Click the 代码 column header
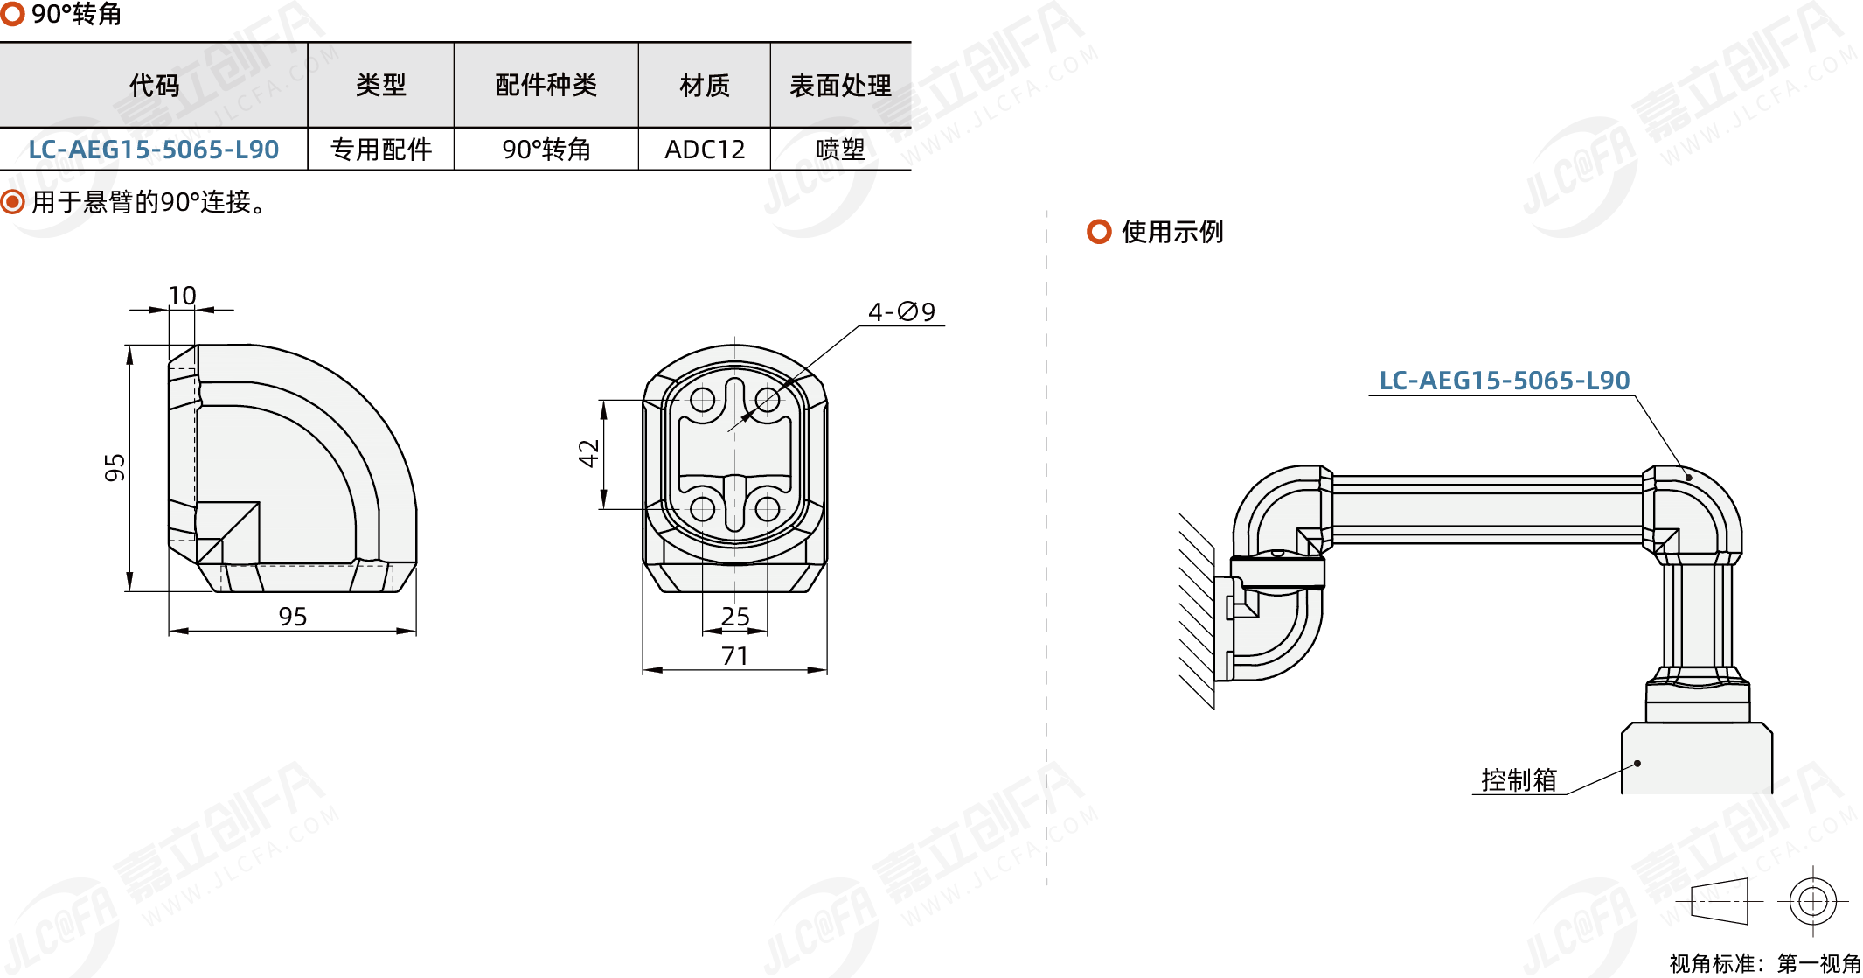point(155,86)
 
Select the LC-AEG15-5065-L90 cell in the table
point(154,150)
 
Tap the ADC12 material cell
point(705,150)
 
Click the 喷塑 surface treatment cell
point(840,150)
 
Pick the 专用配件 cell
point(381,150)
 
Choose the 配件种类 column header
point(546,86)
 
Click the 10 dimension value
point(182,296)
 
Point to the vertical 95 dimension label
point(115,468)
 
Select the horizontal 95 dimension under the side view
point(293,617)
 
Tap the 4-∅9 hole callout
point(901,311)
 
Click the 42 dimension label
point(588,453)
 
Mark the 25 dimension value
point(735,617)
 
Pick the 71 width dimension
point(735,656)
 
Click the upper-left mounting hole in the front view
point(703,401)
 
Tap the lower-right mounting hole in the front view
point(767,508)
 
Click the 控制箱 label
point(1519,779)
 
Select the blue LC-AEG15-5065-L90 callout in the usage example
point(1505,381)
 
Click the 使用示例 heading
point(1172,232)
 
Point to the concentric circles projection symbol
point(1813,901)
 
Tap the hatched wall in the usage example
point(1197,611)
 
